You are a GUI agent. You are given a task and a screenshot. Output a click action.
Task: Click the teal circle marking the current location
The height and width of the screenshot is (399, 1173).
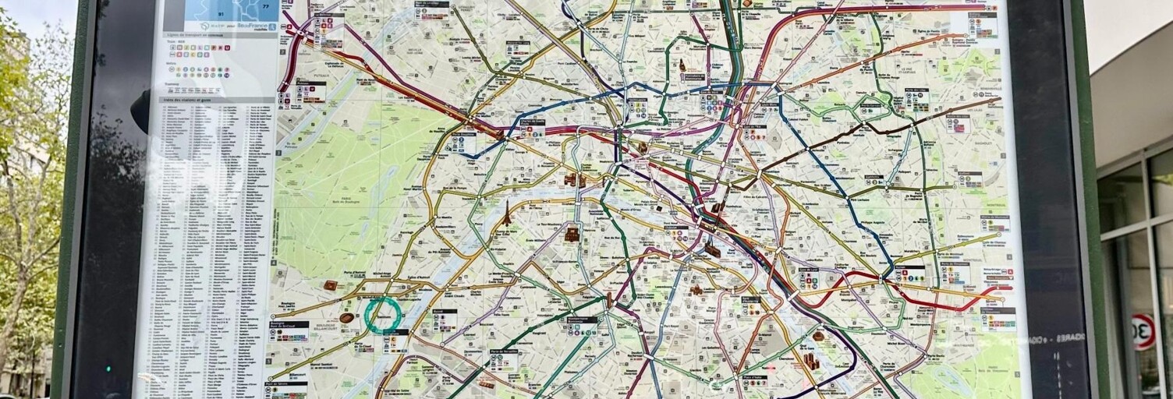[x=383, y=315]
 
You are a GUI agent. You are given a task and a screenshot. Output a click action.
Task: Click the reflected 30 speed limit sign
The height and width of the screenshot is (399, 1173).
[x=1143, y=331]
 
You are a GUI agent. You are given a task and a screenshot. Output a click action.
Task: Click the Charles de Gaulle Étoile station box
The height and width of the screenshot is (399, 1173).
[x=532, y=128]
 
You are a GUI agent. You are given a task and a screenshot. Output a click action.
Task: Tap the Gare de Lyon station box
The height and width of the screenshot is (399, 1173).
[x=808, y=278]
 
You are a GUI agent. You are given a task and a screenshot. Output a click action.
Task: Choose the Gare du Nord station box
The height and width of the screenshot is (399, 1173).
[x=711, y=101]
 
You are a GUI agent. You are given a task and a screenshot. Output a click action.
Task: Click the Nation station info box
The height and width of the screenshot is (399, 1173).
[x=909, y=274]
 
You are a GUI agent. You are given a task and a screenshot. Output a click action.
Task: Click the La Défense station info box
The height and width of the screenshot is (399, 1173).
[x=310, y=92]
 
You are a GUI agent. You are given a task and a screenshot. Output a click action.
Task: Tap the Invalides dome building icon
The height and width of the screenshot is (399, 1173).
[x=572, y=234]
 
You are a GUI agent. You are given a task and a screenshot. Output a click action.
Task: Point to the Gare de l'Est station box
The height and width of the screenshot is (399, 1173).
[x=753, y=132]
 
